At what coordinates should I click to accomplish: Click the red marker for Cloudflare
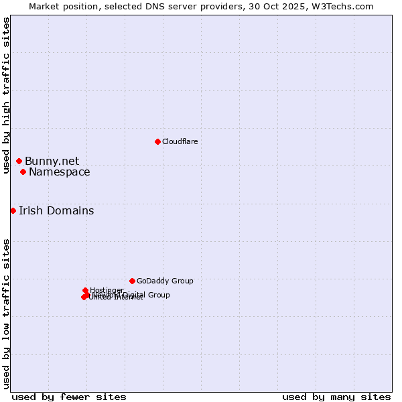157,141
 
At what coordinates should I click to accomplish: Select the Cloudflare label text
180,141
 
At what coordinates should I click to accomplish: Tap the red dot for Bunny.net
19,161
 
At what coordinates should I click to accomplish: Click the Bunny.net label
52,161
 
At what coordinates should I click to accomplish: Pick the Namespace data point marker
23,172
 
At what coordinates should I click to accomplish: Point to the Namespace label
59,172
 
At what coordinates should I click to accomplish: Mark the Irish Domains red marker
13,210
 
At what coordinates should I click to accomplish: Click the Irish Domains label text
56,210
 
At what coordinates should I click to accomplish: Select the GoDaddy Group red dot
132,281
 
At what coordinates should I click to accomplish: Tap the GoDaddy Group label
164,281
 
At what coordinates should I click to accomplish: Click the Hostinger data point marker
85,290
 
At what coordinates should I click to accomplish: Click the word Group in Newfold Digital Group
159,295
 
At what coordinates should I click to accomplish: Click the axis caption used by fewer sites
69,397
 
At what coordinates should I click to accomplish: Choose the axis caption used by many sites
336,397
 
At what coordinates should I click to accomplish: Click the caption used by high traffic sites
6,95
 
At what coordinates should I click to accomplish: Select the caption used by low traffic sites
6,313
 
